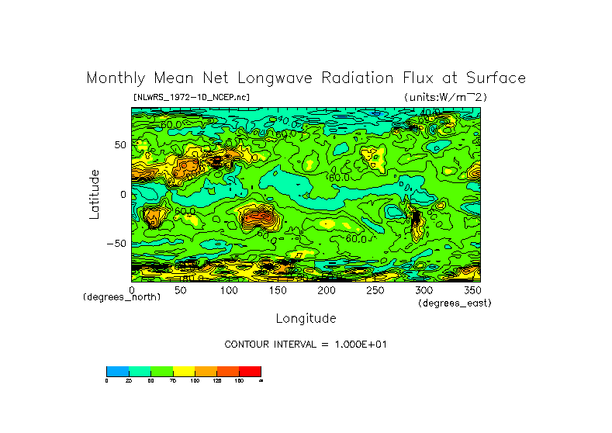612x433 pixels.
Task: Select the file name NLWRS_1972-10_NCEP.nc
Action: tap(192, 97)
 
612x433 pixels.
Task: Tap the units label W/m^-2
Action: tap(445, 97)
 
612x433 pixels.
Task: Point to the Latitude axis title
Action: tap(95, 194)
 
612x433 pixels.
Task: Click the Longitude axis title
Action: tap(306, 318)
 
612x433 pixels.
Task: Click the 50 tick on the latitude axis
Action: tap(119, 145)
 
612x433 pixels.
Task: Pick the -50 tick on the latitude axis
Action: tap(116, 244)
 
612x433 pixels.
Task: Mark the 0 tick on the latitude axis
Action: tap(123, 194)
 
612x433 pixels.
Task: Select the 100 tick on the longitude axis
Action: tap(229, 290)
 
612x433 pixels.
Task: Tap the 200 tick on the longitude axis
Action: tap(327, 290)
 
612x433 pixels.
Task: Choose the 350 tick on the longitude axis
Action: tap(471, 290)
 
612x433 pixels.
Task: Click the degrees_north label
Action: tap(122, 297)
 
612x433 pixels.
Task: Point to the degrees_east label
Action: tap(455, 303)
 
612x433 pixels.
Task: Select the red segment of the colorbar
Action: tap(250, 371)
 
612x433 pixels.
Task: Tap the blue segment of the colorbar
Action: tap(117, 371)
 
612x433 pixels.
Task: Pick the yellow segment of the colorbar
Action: tap(184, 371)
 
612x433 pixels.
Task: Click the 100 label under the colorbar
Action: tap(194, 380)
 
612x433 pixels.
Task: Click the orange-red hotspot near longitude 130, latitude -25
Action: tap(259, 219)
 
